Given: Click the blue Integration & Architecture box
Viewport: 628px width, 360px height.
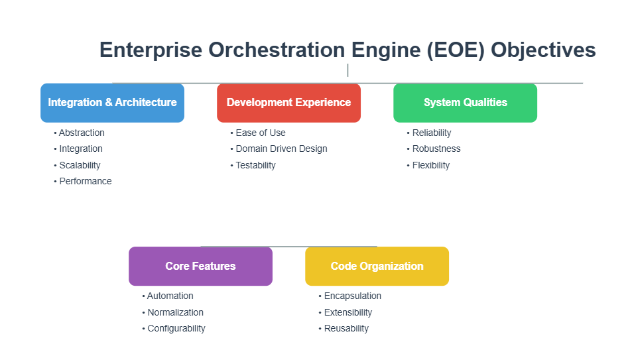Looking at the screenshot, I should [x=112, y=103].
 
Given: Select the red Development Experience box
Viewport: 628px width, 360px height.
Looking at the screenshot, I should [x=288, y=103].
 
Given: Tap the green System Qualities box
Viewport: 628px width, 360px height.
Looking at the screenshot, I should [x=465, y=103].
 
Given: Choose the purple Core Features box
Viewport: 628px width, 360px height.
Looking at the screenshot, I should [x=200, y=267].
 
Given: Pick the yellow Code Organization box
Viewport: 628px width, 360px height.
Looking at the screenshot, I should [x=377, y=267].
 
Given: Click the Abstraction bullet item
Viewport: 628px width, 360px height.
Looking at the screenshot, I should [x=82, y=133].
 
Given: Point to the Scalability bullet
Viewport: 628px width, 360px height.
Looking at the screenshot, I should [x=80, y=165].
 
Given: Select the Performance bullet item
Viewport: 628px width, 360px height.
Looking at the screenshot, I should [x=85, y=181].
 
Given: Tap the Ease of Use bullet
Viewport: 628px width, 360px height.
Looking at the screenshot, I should [x=260, y=133].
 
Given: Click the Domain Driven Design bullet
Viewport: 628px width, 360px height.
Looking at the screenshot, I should [x=281, y=149].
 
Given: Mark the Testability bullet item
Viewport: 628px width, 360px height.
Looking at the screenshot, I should [x=255, y=165].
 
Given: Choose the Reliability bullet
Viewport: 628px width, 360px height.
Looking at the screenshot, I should [x=431, y=133].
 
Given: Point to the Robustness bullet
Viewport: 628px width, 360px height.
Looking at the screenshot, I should [x=436, y=149].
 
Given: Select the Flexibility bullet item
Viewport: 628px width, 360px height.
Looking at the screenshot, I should [x=430, y=165].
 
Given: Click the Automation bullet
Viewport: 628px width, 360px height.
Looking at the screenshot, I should [x=170, y=296].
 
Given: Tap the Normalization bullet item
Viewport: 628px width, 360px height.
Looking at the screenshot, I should [x=175, y=312].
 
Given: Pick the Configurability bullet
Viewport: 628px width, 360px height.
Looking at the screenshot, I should [x=176, y=328].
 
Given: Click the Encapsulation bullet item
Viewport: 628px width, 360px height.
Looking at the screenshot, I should [x=352, y=296].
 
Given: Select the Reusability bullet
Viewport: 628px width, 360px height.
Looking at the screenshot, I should [x=346, y=328].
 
